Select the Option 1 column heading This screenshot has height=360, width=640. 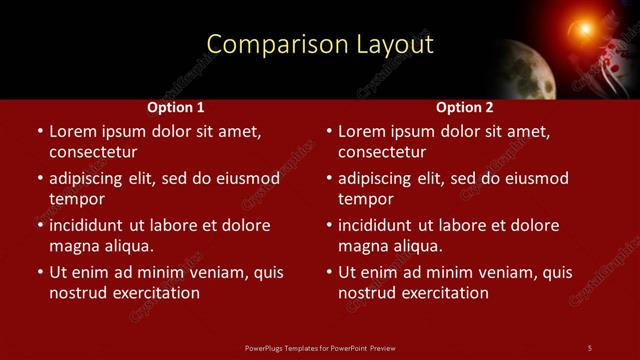(176, 107)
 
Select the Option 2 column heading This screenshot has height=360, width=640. (465, 107)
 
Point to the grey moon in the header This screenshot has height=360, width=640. (529, 69)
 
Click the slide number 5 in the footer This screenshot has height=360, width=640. (590, 347)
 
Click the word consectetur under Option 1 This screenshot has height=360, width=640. (93, 152)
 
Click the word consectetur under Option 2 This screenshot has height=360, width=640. (382, 152)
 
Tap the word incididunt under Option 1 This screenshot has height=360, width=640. (91, 226)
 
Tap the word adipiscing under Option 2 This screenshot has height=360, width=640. (382, 179)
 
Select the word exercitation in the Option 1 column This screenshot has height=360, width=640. (153, 293)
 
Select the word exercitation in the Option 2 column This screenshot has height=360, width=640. (442, 293)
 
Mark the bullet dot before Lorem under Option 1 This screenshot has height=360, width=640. (40, 132)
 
